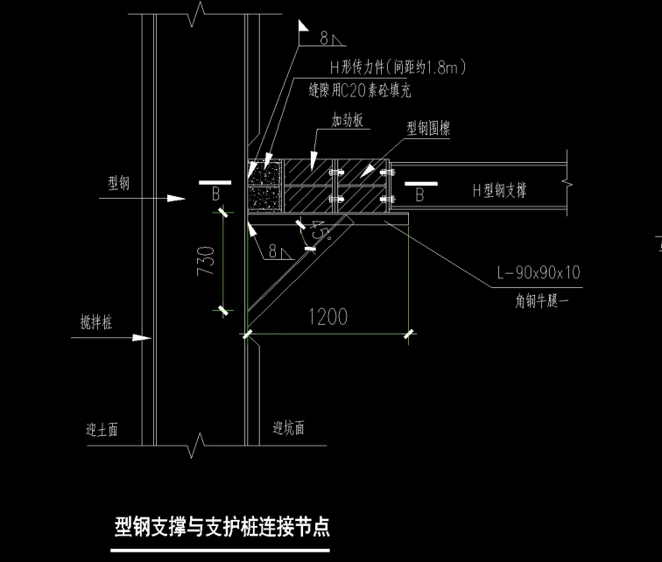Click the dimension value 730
click(204, 260)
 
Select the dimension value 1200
click(327, 316)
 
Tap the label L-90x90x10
click(538, 273)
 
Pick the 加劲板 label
click(347, 121)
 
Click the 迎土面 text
click(102, 430)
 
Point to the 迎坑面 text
click(288, 429)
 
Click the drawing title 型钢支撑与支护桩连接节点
click(222, 528)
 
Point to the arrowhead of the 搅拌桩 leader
click(144, 336)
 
